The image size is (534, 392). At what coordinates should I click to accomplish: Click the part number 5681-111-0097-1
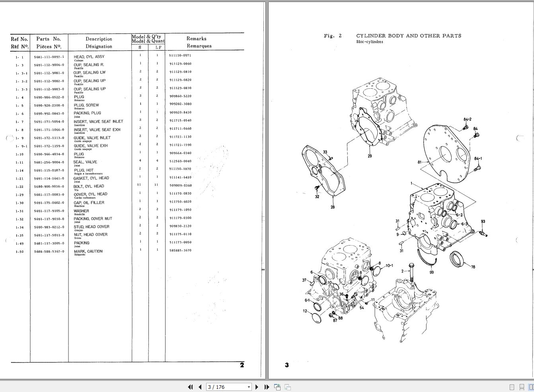point(49,57)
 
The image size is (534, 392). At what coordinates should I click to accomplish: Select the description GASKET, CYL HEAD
point(91,178)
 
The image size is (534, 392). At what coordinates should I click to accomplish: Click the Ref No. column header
point(19,43)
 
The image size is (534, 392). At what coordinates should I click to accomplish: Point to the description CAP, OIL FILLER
point(89,203)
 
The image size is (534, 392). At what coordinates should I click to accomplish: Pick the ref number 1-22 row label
point(19,187)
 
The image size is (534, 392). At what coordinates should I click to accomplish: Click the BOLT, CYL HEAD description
point(88,186)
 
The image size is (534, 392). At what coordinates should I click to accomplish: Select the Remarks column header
point(197,42)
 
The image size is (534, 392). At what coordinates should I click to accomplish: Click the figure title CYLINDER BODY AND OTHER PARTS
point(408,36)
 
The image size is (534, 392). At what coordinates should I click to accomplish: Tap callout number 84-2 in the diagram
point(467,119)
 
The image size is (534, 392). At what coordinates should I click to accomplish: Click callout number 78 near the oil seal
point(473,267)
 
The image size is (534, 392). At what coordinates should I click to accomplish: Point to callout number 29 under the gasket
point(370,156)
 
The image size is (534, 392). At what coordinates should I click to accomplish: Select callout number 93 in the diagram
point(483,222)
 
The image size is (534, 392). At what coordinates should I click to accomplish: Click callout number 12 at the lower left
point(305,311)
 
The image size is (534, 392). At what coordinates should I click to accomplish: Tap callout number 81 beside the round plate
point(419,162)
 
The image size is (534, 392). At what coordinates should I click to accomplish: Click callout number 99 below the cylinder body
point(431,273)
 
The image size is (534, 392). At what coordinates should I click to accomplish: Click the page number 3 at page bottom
point(286,365)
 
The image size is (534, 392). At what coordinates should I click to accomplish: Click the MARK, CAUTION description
point(88,252)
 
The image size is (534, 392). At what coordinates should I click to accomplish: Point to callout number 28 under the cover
point(333,207)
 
